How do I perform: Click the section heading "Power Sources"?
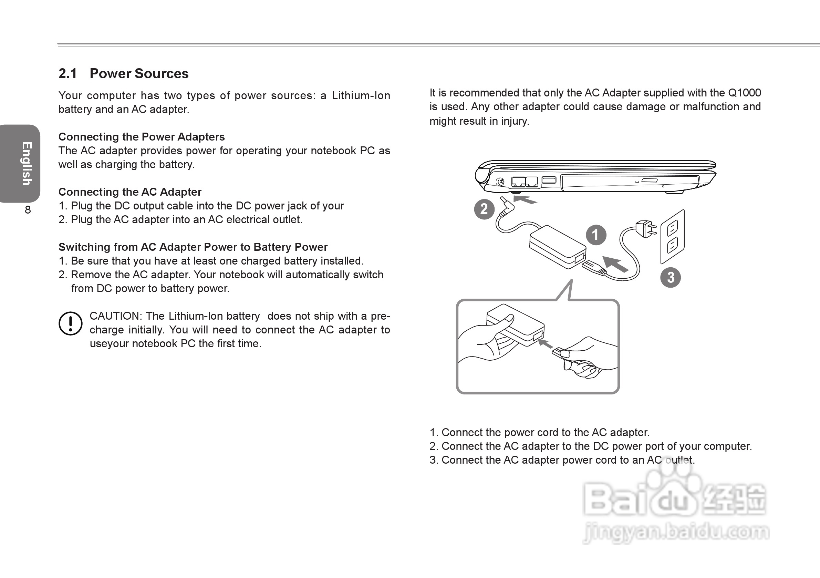tap(139, 74)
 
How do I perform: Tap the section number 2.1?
tap(68, 74)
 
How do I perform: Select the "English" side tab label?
tap(27, 164)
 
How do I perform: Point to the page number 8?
tap(28, 210)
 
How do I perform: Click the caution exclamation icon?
tap(70, 323)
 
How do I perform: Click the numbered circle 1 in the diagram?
tap(596, 235)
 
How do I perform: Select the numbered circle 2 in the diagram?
tap(484, 209)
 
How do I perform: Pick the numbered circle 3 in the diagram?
tap(670, 278)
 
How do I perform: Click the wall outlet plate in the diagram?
tap(673, 237)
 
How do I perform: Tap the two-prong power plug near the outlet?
tap(646, 229)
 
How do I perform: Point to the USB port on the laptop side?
tap(549, 180)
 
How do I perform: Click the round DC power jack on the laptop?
tap(500, 182)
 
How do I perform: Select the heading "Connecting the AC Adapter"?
tap(130, 192)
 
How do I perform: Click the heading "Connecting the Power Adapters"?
tap(142, 137)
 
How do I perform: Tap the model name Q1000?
tap(745, 93)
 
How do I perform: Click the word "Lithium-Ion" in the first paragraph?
tap(361, 96)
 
